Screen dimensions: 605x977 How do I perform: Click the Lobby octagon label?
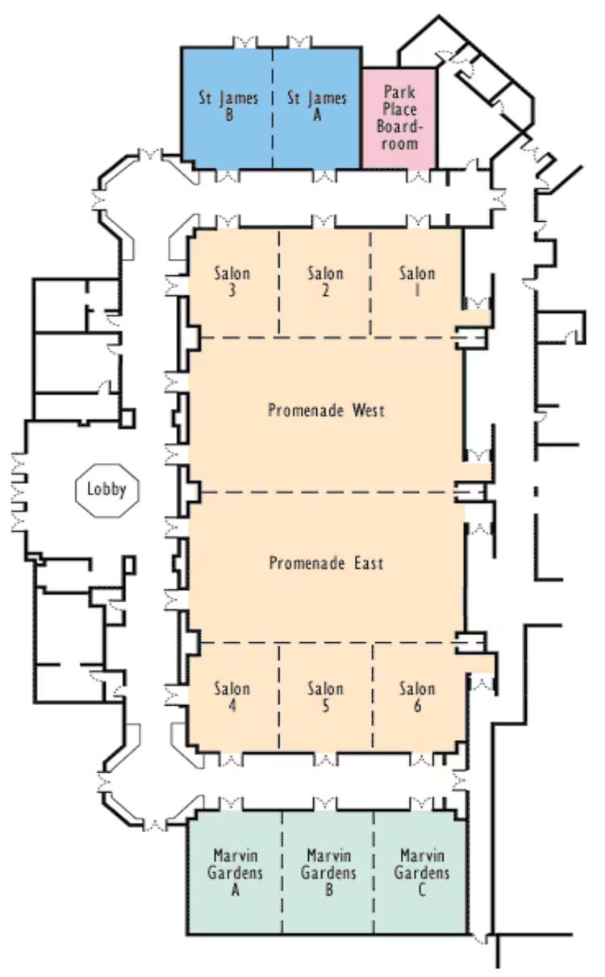click(106, 490)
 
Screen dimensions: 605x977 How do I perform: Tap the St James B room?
click(227, 108)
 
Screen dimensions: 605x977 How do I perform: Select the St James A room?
click(317, 108)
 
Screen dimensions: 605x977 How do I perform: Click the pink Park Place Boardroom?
click(399, 119)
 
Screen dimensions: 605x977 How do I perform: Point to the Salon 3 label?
click(232, 282)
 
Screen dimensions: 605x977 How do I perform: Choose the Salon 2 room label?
click(325, 282)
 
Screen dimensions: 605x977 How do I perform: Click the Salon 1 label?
click(417, 282)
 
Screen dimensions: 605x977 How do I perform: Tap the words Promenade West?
click(326, 411)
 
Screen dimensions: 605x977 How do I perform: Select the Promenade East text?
click(326, 563)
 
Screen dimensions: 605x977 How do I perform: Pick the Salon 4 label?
click(232, 697)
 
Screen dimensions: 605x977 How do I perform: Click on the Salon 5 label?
click(325, 697)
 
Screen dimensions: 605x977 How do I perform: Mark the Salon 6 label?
click(417, 697)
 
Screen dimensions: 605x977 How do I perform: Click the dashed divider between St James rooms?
click(273, 108)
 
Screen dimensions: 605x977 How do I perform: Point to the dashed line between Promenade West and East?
click(328, 492)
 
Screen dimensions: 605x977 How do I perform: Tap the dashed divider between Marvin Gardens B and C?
click(373, 872)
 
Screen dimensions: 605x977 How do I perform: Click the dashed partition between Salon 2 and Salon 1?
click(371, 282)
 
